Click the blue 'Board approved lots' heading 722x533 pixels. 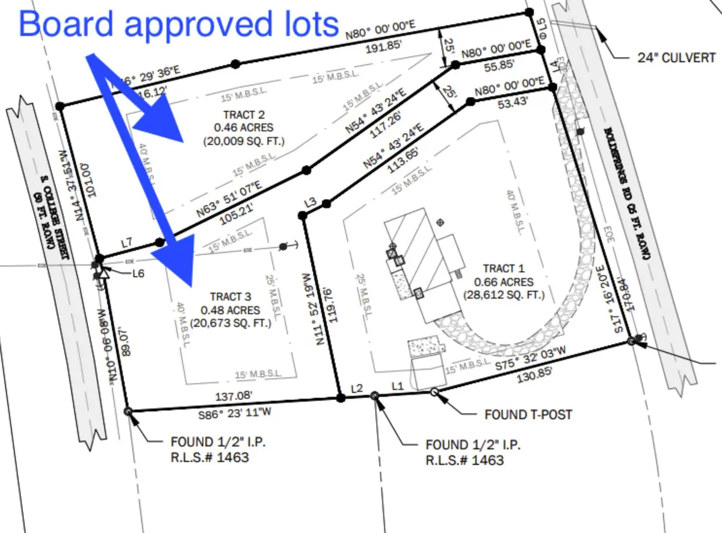click(179, 24)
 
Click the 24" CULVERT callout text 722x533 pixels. click(676, 58)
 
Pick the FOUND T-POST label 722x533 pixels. click(528, 415)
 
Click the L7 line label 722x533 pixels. click(127, 243)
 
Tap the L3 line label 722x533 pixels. click(310, 202)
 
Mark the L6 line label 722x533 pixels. click(138, 273)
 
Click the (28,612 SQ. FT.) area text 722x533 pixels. click(504, 295)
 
